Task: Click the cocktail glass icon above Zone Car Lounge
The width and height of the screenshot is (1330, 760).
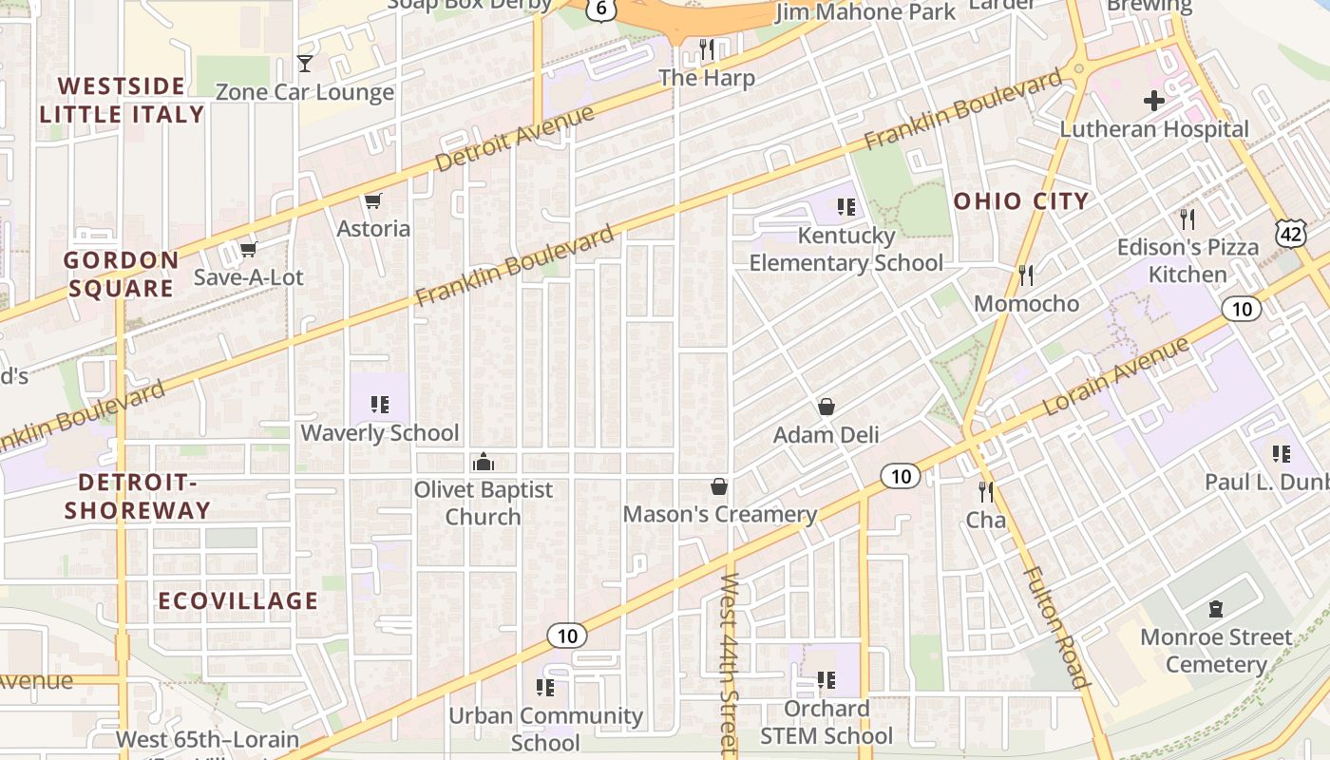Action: pyautogui.click(x=305, y=64)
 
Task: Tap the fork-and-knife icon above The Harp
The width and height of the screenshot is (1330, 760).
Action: pyautogui.click(x=706, y=48)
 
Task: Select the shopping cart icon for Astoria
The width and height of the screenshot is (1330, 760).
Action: pyautogui.click(x=373, y=200)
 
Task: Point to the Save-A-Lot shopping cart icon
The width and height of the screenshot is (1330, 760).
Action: pyautogui.click(x=248, y=249)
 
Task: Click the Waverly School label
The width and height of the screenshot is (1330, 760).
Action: pyautogui.click(x=380, y=433)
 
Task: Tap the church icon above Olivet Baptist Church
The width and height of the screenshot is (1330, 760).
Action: pyautogui.click(x=483, y=462)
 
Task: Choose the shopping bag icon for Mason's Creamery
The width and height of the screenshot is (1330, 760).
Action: pyautogui.click(x=719, y=486)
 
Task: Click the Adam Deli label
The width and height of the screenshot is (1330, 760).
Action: pyautogui.click(x=826, y=435)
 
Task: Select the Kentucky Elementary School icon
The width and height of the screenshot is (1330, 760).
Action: pyautogui.click(x=846, y=206)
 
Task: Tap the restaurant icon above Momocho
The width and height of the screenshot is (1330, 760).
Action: pyautogui.click(x=1026, y=275)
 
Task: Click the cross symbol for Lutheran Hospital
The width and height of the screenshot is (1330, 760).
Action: pyautogui.click(x=1154, y=100)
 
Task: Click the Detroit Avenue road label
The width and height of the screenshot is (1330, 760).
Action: pyautogui.click(x=515, y=139)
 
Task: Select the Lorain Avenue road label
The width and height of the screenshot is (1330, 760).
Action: pyautogui.click(x=1116, y=376)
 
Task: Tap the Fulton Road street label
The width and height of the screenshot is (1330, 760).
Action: pyautogui.click(x=1055, y=627)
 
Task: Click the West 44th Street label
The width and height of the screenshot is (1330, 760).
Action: pyautogui.click(x=729, y=665)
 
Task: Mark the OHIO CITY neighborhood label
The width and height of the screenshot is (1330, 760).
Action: pyautogui.click(x=1020, y=201)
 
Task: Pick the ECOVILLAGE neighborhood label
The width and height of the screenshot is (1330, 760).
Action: pyautogui.click(x=237, y=601)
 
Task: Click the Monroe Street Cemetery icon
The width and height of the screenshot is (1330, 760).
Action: pyautogui.click(x=1215, y=608)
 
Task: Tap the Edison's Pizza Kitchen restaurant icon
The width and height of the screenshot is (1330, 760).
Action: pyautogui.click(x=1187, y=219)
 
